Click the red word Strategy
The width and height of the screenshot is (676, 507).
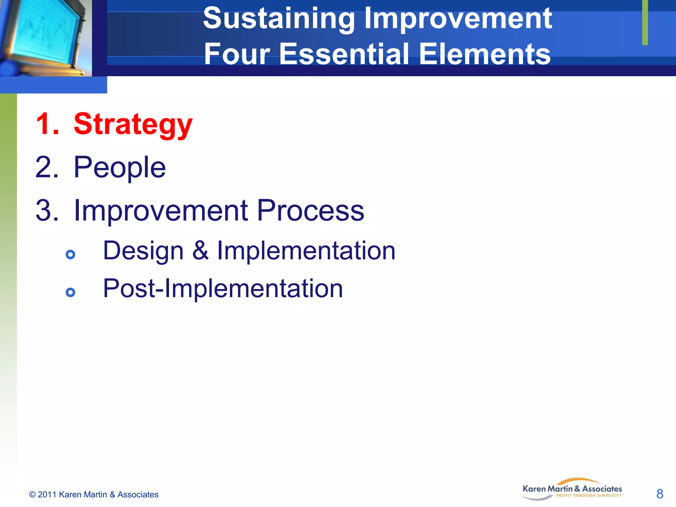[x=133, y=124]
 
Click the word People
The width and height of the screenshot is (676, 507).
[x=119, y=167]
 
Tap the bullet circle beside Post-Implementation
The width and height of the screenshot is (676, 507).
[x=70, y=292]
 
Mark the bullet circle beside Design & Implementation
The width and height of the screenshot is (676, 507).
[x=70, y=254]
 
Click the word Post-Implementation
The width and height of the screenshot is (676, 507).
[x=223, y=288]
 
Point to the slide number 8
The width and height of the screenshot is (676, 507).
[x=659, y=494]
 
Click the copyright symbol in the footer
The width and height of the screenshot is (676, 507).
[x=32, y=494]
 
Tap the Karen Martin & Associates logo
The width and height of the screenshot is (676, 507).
[x=572, y=490]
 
